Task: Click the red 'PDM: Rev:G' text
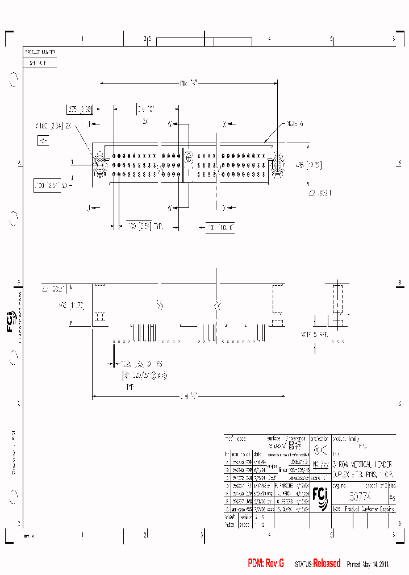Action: (266, 564)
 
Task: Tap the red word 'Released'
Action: (327, 564)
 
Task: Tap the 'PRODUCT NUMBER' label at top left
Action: (40, 52)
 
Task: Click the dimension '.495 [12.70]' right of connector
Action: (309, 165)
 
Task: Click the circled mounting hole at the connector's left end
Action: (99, 164)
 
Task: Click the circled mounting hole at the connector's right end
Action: (278, 164)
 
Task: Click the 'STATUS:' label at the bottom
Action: (303, 565)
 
